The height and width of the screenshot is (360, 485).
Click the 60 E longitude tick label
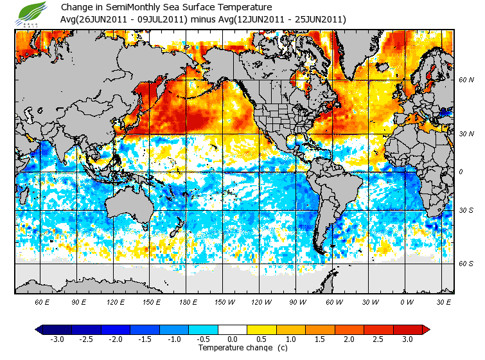coord(42,301)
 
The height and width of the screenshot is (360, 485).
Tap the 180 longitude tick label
coord(188,301)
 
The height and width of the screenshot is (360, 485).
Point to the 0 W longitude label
coord(406,301)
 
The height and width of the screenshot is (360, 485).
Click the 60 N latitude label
coord(466,80)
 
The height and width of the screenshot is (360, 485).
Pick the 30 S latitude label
coord(466,211)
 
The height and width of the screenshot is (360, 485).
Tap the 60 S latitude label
coord(466,264)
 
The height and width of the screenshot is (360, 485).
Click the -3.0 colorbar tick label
coord(57,339)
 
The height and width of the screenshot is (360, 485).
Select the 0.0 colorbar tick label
coord(233,339)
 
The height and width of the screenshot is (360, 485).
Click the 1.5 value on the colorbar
coord(321,339)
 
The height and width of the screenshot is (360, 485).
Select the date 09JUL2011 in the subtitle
coord(164,19)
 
